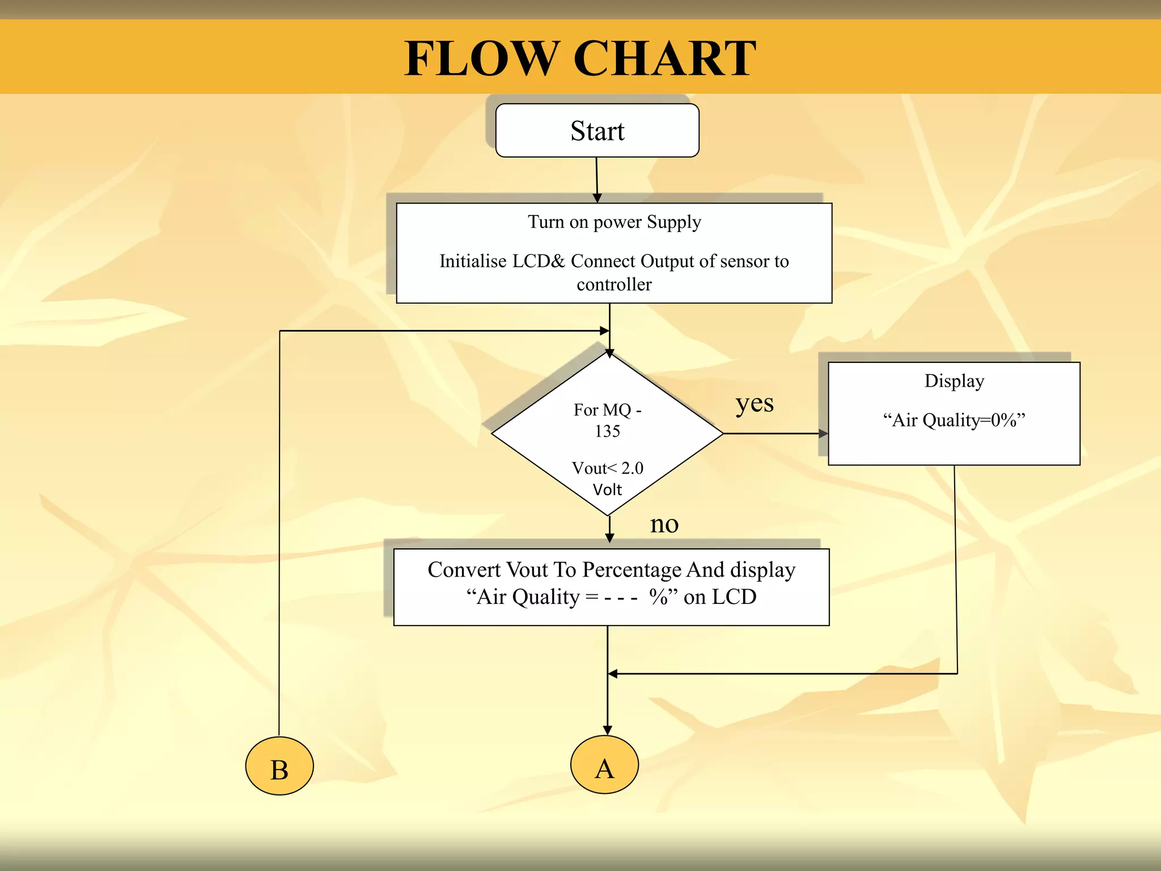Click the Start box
597,130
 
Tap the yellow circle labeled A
604,765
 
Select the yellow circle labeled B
279,766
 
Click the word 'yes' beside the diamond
754,404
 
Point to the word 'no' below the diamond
664,524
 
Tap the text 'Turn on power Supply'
614,222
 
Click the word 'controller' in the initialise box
614,284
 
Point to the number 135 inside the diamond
607,432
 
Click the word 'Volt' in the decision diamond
607,489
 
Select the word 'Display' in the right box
954,380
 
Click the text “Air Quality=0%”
954,420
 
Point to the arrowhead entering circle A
607,730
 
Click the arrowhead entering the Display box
823,434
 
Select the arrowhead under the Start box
597,198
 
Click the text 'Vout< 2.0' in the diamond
607,468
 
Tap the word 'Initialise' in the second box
473,261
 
